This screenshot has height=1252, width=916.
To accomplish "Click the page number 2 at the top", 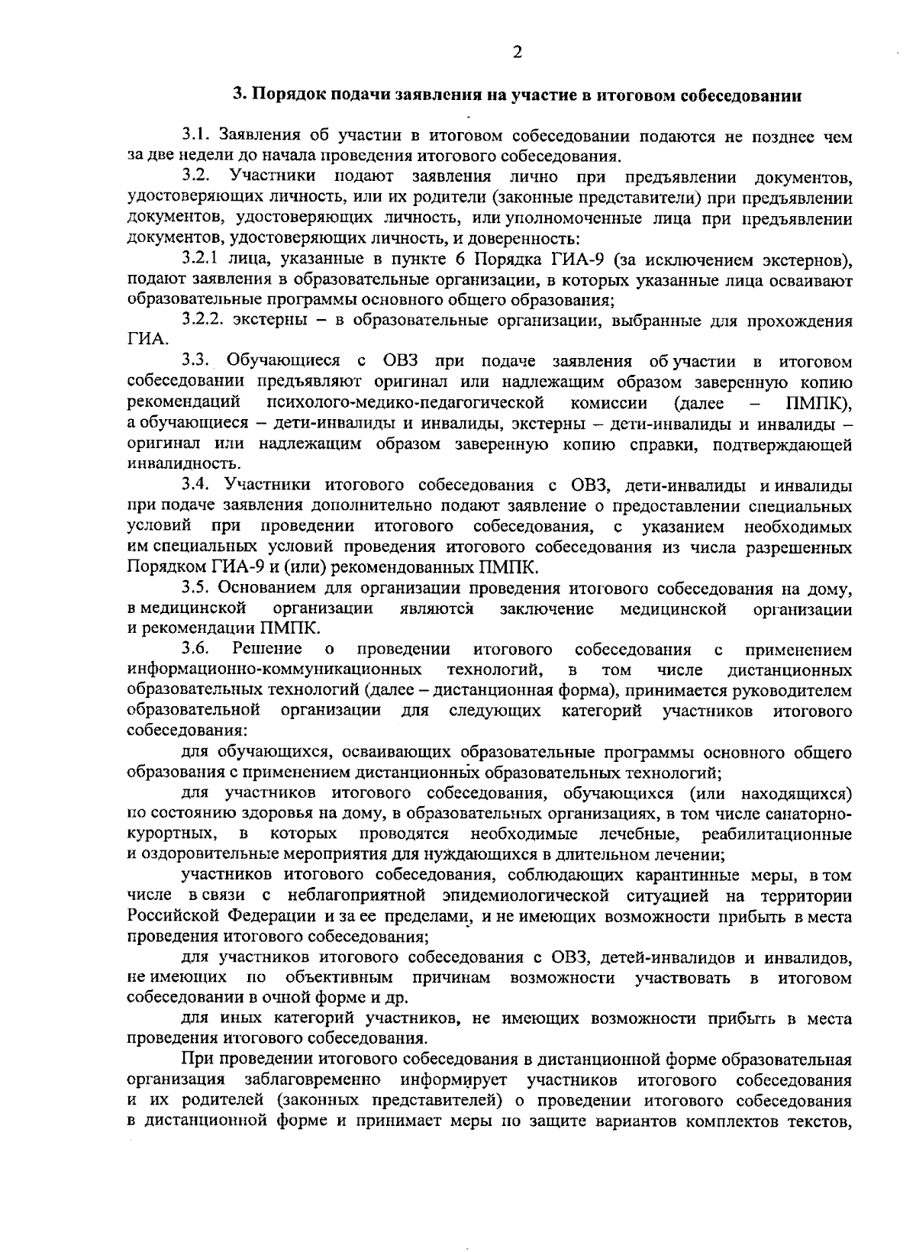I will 517,53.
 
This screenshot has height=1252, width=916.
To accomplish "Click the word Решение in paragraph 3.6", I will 267,650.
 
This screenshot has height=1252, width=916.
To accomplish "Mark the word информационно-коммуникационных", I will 275,670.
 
